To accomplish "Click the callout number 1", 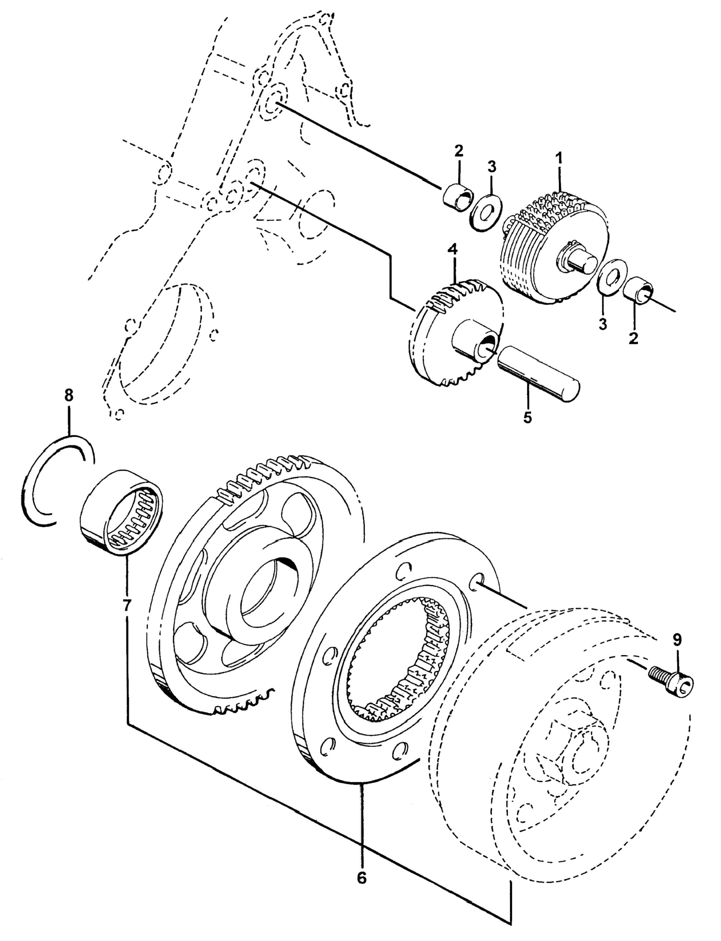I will (x=559, y=159).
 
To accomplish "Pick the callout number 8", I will (x=69, y=395).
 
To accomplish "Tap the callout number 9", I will (x=676, y=640).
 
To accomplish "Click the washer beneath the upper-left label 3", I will (x=484, y=211).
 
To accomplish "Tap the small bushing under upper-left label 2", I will (x=457, y=196).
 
